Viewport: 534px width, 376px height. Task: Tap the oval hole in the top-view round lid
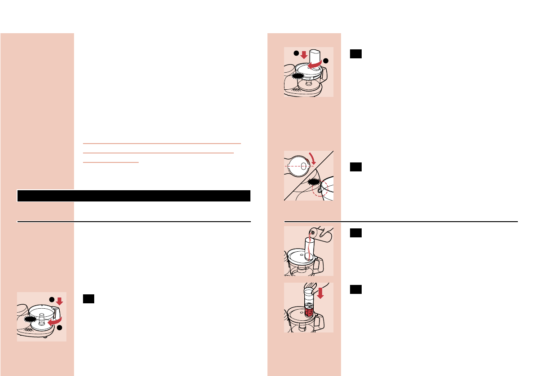point(303,166)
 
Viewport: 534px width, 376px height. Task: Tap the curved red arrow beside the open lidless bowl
point(56,319)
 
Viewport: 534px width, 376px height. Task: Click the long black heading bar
point(133,196)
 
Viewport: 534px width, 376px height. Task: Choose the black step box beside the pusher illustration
point(356,289)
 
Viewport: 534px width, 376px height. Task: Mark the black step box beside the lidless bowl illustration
point(88,299)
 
